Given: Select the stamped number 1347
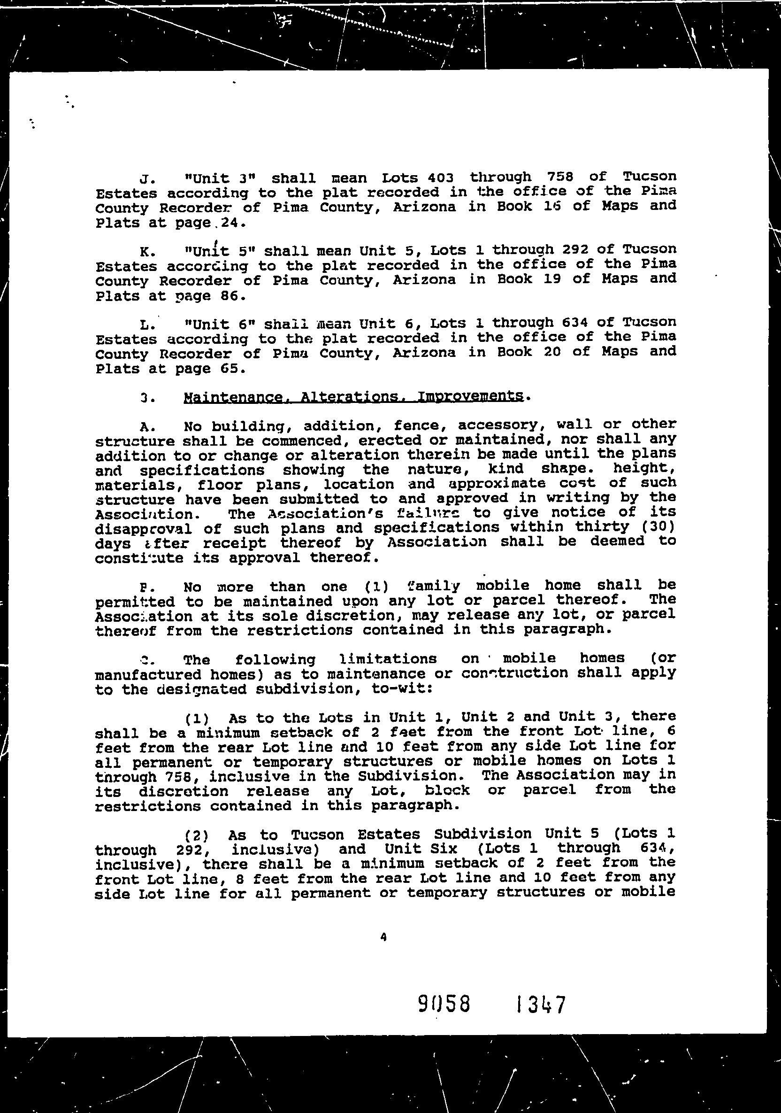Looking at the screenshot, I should (541, 1005).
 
